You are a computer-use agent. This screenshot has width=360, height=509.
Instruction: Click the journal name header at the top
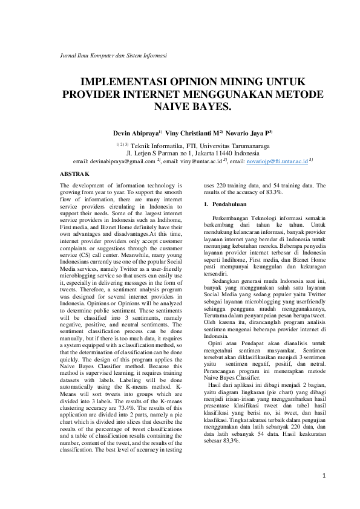[114, 55]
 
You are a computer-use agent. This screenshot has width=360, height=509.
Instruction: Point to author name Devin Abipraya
[134, 132]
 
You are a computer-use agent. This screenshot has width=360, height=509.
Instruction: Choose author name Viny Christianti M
[184, 132]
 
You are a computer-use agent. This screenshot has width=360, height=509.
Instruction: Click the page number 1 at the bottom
[324, 476]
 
